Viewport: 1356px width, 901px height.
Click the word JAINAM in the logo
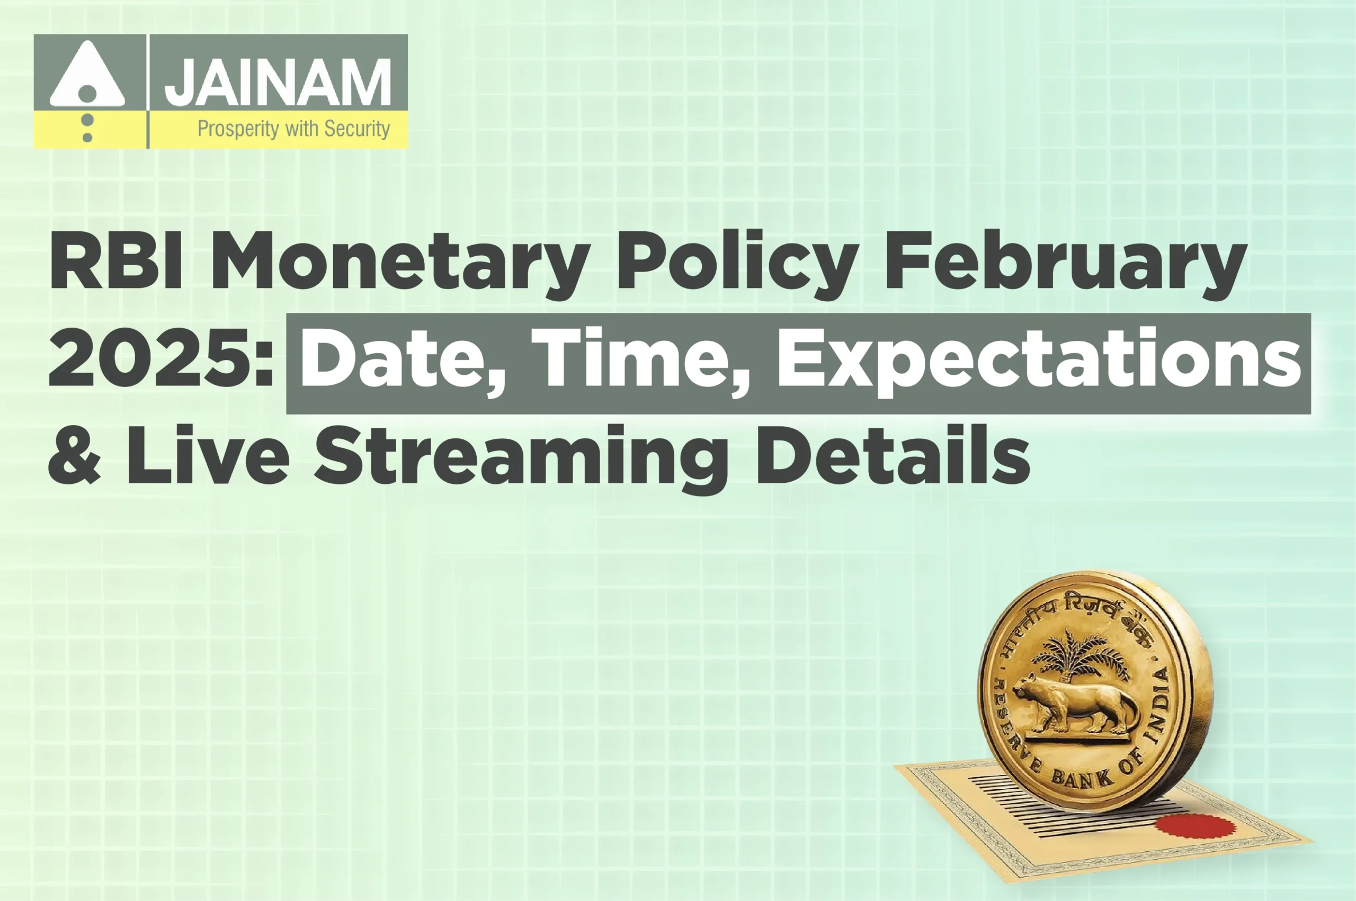(278, 83)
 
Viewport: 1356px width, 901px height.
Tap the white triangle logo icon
(87, 76)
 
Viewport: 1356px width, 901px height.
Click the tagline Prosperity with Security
(294, 129)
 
